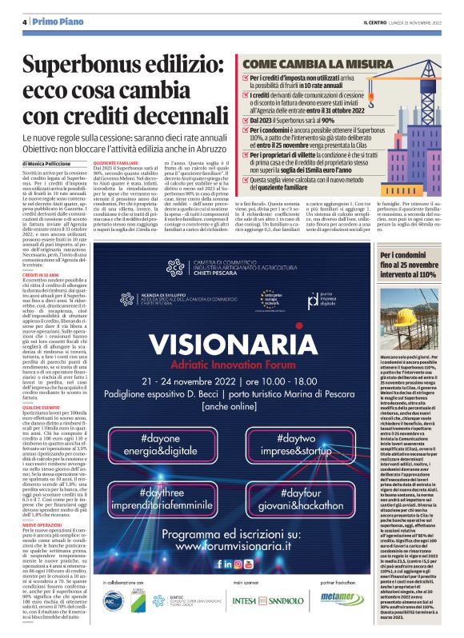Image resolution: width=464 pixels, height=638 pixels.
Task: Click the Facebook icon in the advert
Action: (231, 564)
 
